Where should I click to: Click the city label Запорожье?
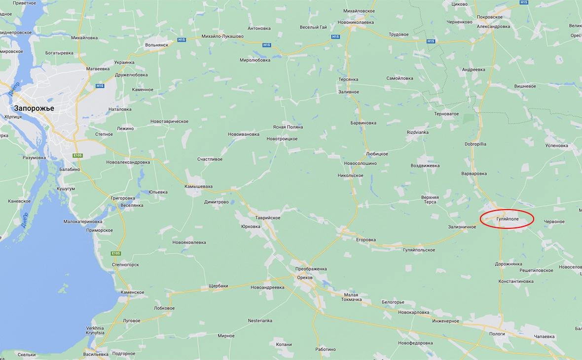point(34,108)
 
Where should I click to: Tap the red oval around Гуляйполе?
point(507,218)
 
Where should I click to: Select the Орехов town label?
point(305,278)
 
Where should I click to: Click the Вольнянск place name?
point(157,44)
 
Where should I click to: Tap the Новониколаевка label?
point(356,22)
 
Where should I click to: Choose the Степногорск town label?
point(125,265)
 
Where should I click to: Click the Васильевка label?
point(96,354)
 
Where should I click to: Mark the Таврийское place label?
point(268,217)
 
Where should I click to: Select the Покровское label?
point(490,17)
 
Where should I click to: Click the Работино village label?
point(326,349)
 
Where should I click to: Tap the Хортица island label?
point(13,117)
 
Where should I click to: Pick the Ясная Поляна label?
point(288,127)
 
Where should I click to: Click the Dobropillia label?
point(475,144)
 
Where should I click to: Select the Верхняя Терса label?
point(430,199)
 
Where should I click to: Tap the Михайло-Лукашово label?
point(222,36)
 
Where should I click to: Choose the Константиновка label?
point(516,282)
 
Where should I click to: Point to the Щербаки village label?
point(218,286)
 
